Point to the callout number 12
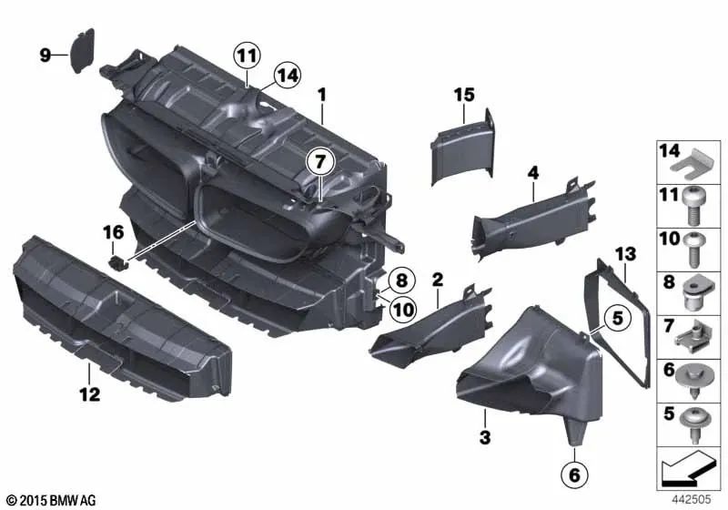(x=90, y=395)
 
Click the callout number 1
(x=320, y=94)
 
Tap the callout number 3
(x=485, y=438)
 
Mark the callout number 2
(x=438, y=278)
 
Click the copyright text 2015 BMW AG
(x=52, y=500)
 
